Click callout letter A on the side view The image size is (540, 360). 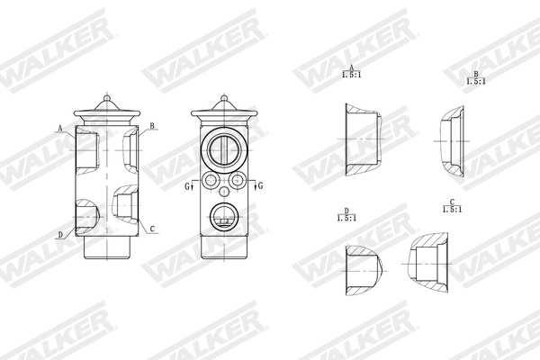60,129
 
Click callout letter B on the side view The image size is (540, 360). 152,126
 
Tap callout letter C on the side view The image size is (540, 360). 152,229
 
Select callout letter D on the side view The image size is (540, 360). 60,235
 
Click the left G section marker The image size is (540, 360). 187,185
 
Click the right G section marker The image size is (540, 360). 260,185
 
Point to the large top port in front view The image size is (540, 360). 222,147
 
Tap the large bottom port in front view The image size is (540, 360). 222,215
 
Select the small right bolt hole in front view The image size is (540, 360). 238,181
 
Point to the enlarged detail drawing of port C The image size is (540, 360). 430,265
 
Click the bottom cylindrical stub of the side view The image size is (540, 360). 106,248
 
